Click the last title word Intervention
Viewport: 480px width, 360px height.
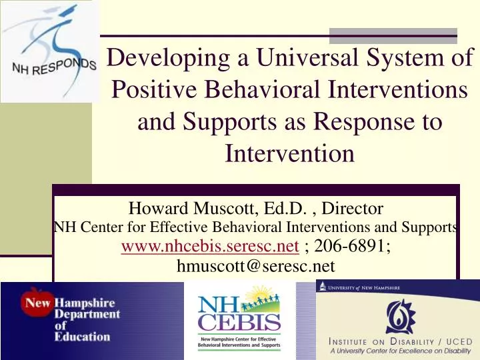point(289,154)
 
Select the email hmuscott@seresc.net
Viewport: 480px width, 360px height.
point(255,267)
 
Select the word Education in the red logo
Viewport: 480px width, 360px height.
point(83,337)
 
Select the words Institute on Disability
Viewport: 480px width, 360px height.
point(387,341)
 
